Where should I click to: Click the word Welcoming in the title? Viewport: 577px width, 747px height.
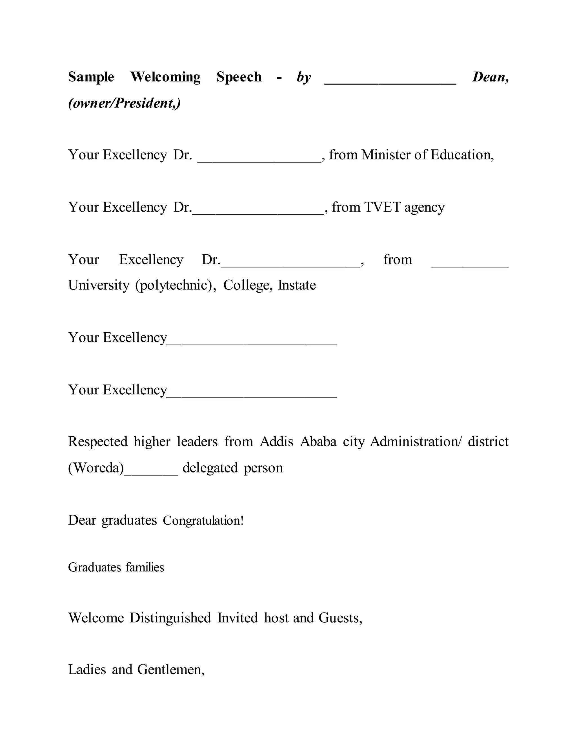(x=165, y=77)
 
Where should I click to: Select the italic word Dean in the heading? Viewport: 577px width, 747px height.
(x=489, y=77)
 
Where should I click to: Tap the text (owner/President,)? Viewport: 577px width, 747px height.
(x=125, y=103)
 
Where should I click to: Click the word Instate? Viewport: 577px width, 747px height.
(x=297, y=285)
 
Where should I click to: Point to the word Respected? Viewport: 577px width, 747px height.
(x=97, y=441)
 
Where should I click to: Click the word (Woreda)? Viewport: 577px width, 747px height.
(x=96, y=468)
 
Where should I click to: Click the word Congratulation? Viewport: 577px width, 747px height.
(x=203, y=521)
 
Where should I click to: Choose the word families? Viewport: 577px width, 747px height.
(x=145, y=567)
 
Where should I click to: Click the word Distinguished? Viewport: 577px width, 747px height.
(x=170, y=618)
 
